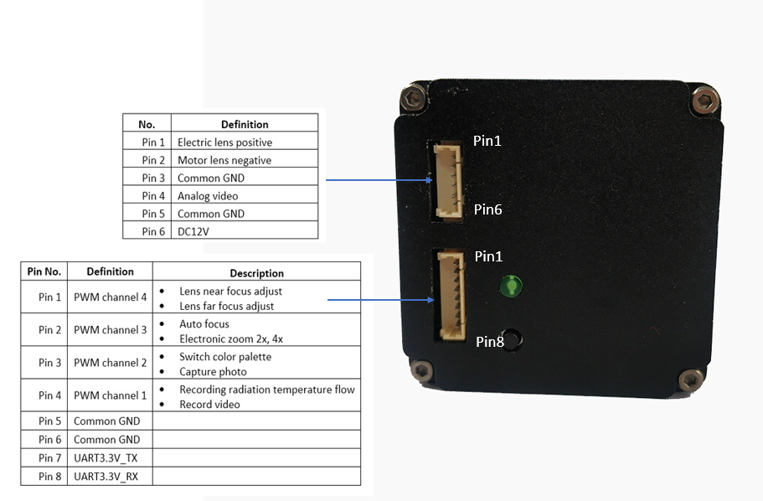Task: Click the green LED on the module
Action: (509, 287)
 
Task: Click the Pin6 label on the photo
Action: (487, 209)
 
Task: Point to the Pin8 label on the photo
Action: (490, 341)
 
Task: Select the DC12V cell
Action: (193, 231)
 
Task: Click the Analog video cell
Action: (209, 196)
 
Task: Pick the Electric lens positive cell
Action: (224, 142)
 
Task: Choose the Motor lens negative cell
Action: (224, 160)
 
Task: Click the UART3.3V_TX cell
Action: (106, 457)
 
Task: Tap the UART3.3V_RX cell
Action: (106, 476)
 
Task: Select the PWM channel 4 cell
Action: (110, 297)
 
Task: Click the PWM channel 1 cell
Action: (110, 395)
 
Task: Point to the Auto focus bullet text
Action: (204, 324)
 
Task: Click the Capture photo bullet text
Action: (214, 371)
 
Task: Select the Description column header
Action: (256, 273)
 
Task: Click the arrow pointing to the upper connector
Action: (377, 179)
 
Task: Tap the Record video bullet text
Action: (209, 405)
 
